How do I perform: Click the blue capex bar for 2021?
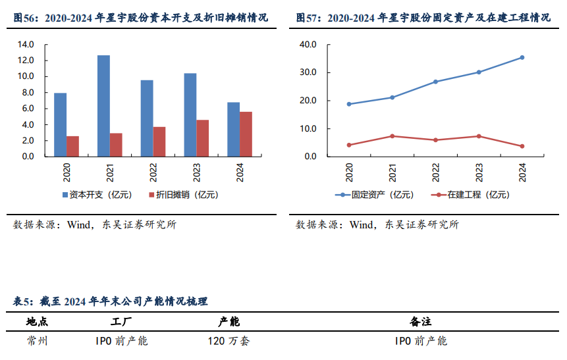click(x=103, y=106)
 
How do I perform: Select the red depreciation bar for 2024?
click(x=246, y=134)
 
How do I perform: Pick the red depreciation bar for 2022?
click(x=159, y=141)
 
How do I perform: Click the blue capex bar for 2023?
click(x=190, y=115)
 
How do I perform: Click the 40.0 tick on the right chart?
click(x=308, y=45)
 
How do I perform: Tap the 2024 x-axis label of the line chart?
click(x=523, y=172)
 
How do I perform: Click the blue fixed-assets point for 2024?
click(x=522, y=57)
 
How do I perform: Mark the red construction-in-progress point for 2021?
click(x=392, y=136)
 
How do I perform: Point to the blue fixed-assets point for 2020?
click(x=349, y=104)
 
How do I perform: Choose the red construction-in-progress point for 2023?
click(x=479, y=136)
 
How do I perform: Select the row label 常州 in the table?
click(x=37, y=341)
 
